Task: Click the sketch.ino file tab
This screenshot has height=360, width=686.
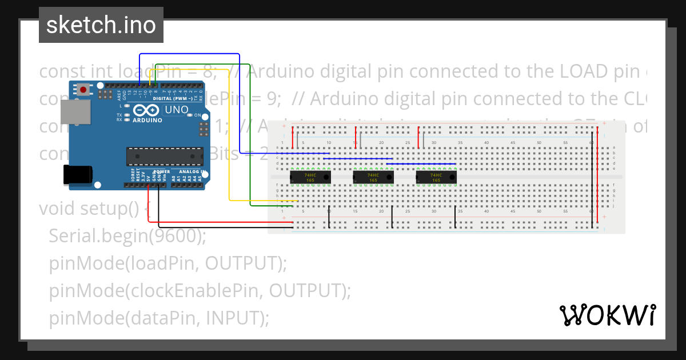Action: point(101,25)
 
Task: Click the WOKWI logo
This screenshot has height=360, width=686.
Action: point(607,315)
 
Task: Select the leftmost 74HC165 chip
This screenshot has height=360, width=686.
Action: point(310,178)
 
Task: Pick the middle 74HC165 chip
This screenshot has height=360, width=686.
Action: point(373,178)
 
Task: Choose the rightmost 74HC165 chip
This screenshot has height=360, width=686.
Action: point(436,178)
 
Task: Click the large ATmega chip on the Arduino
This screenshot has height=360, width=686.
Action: point(165,156)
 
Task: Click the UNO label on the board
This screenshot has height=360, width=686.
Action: point(176,110)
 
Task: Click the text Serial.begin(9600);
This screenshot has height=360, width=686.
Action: point(127,235)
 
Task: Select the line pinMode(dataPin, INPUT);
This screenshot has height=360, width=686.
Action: point(158,318)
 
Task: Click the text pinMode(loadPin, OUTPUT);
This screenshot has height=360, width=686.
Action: point(167,263)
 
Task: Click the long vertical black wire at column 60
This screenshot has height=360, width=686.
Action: point(592,177)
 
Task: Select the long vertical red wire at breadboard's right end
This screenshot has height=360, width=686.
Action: point(598,177)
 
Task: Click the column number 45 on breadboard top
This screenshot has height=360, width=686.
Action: point(513,142)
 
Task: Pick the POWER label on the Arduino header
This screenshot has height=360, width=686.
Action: point(161,171)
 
